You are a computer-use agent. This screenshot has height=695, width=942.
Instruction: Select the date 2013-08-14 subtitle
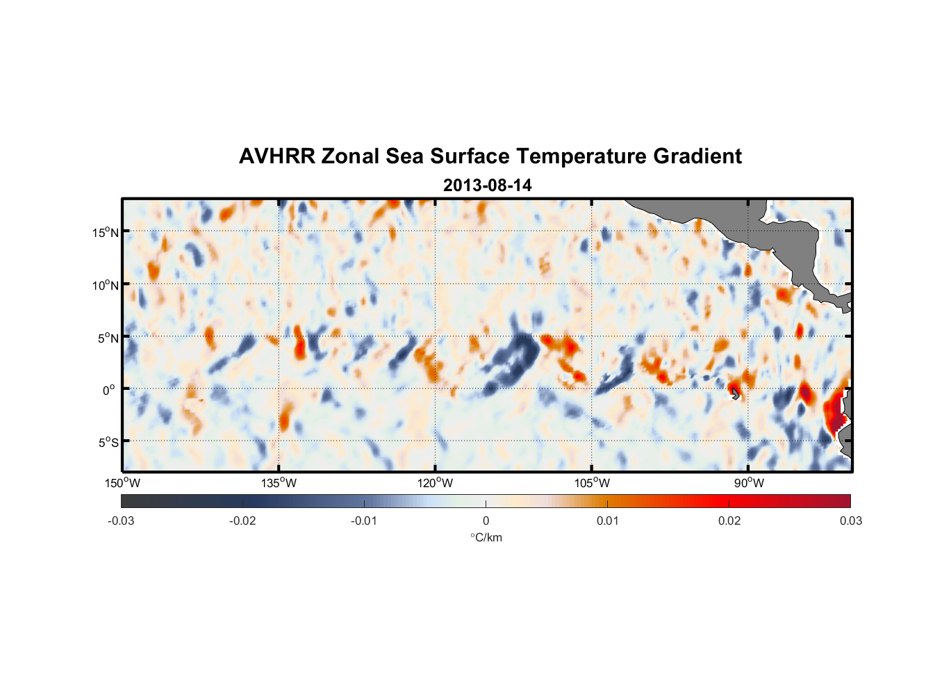tap(487, 186)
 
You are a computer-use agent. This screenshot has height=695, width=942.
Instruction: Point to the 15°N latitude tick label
tap(106, 232)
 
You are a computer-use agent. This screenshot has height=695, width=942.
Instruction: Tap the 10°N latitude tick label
tap(106, 285)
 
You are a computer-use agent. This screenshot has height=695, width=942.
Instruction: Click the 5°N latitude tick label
tap(108, 338)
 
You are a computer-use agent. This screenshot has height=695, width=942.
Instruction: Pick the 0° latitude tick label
tap(109, 390)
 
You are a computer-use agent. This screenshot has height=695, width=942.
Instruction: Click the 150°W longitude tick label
tap(122, 483)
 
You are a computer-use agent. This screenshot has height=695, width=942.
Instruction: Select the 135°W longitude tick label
tap(279, 483)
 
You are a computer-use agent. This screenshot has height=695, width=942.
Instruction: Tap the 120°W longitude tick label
tap(435, 483)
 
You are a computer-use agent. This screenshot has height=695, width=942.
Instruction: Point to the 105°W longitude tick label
tap(592, 483)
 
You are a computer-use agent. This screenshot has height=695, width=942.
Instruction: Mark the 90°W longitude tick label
tap(749, 483)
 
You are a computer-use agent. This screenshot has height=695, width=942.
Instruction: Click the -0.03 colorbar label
tap(121, 521)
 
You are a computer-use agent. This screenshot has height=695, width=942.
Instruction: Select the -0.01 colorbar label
tap(364, 521)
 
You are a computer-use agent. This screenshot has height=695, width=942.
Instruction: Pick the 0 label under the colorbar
tap(486, 521)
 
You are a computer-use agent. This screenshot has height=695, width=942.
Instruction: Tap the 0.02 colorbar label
tap(729, 521)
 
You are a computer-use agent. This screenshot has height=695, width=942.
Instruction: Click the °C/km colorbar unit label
tap(486, 537)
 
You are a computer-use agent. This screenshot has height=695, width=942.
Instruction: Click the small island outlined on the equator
tap(735, 393)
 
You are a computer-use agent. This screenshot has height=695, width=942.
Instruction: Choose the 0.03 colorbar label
tap(850, 521)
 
